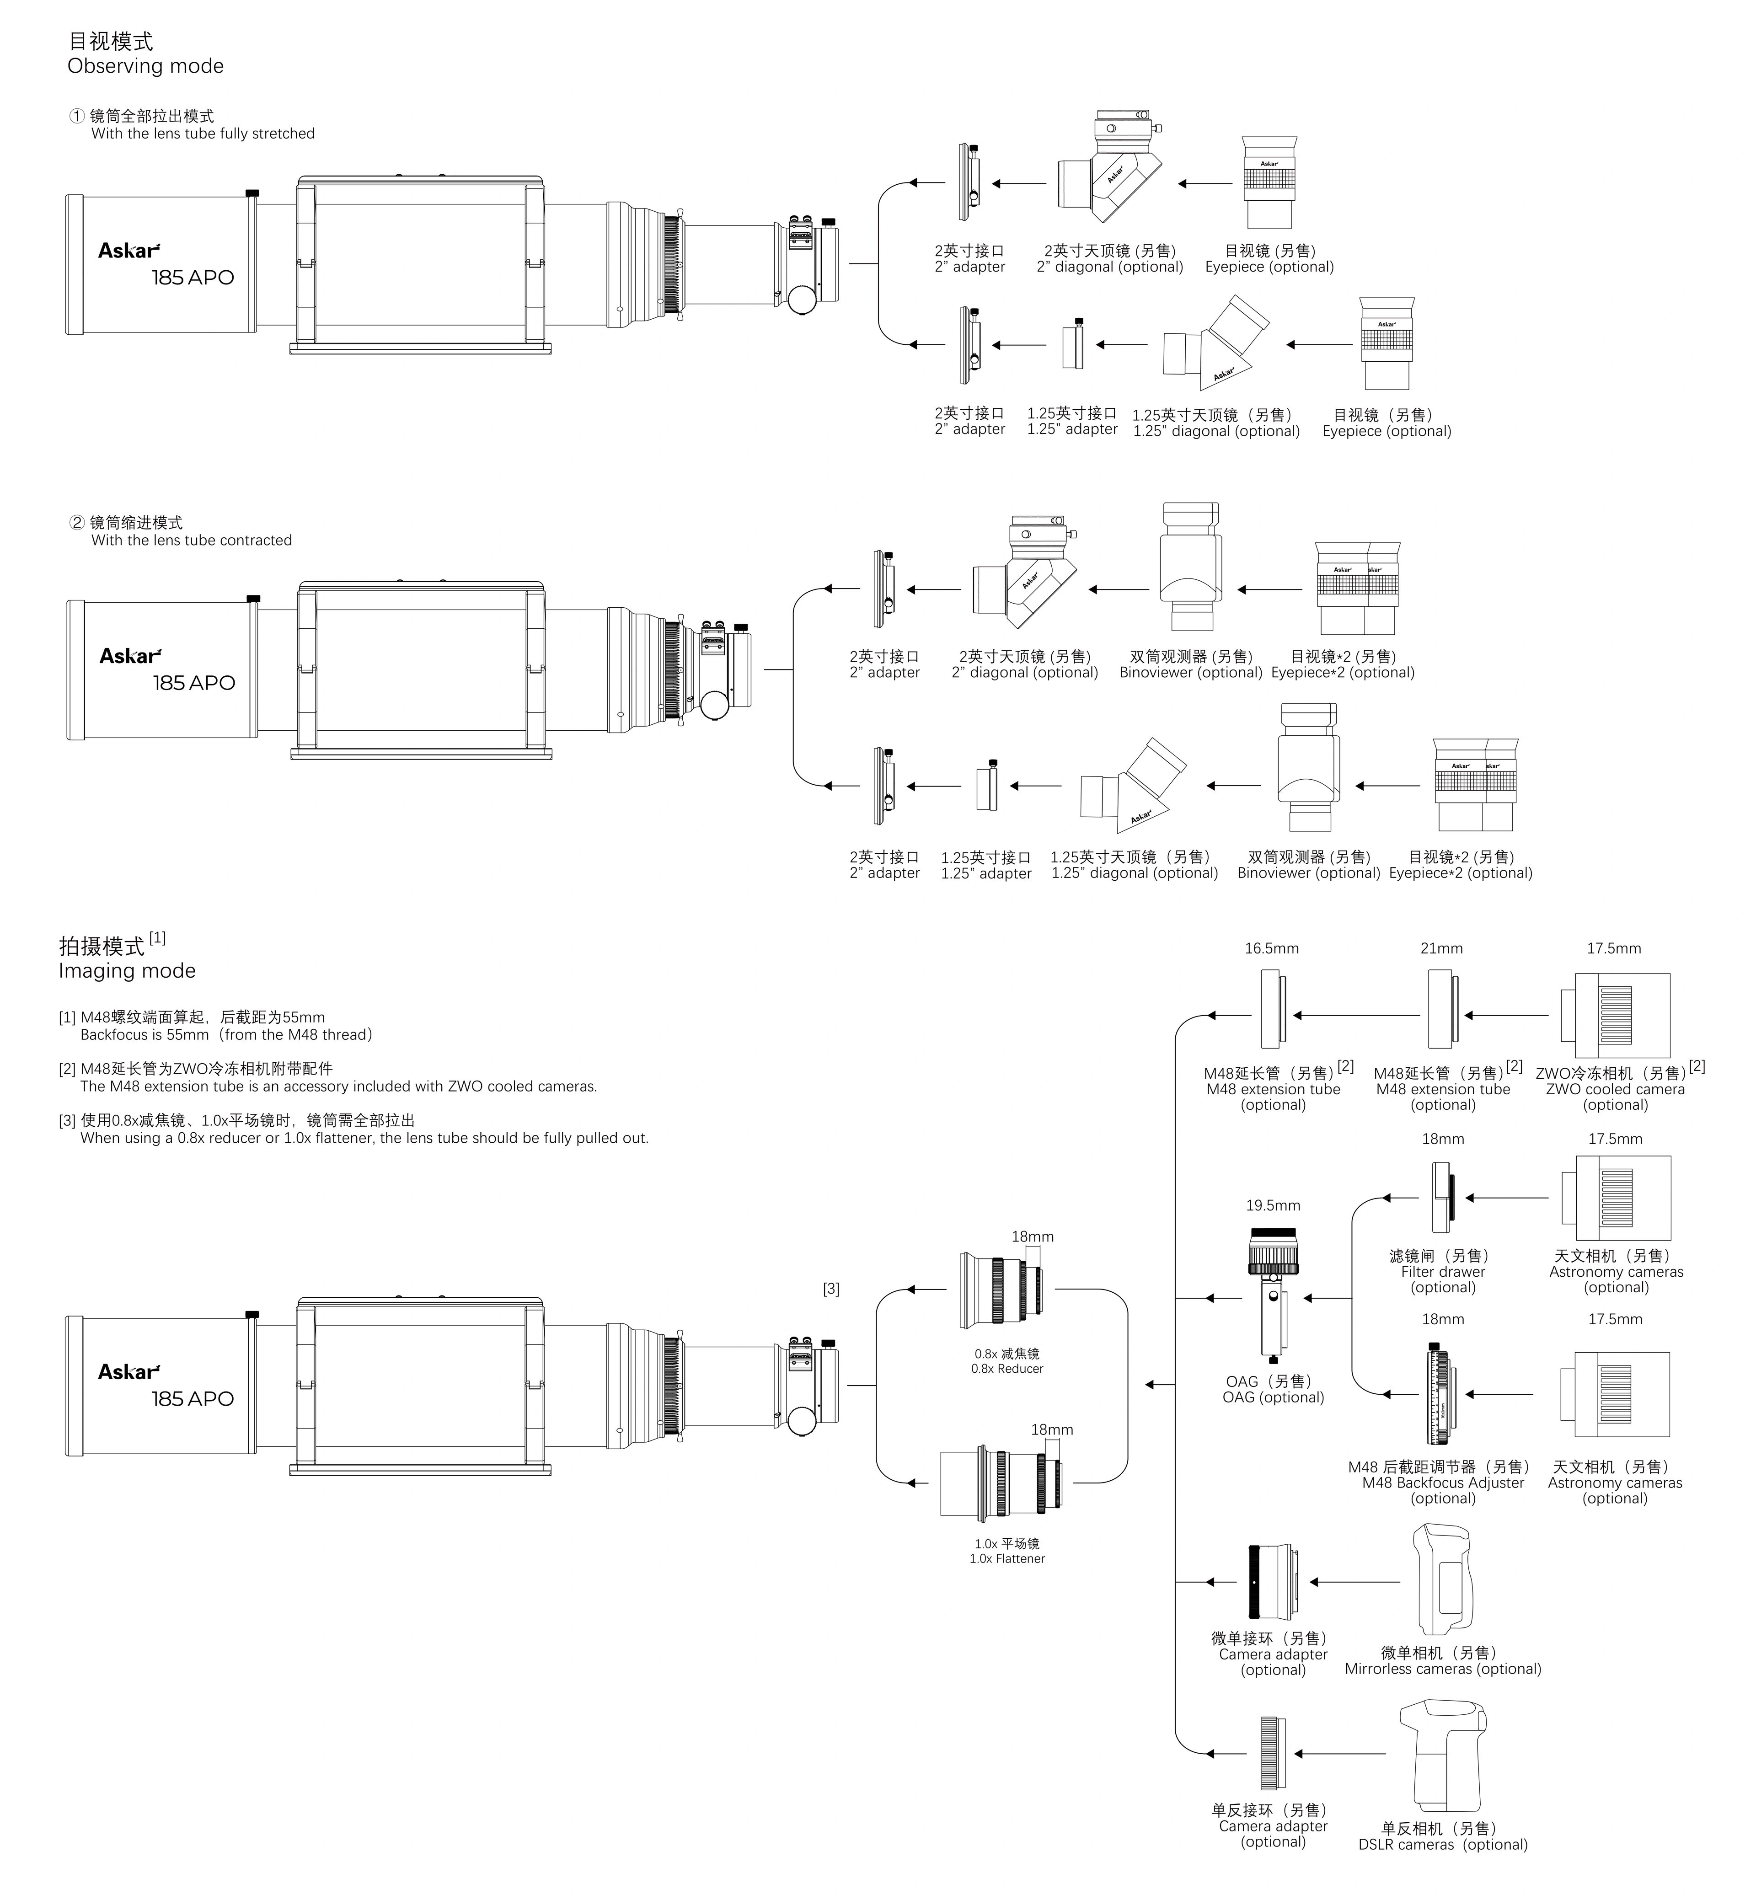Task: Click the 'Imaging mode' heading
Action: (127, 971)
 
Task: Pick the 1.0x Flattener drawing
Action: (1002, 1482)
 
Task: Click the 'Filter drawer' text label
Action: (1442, 1271)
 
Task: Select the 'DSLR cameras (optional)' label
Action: (1442, 1844)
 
